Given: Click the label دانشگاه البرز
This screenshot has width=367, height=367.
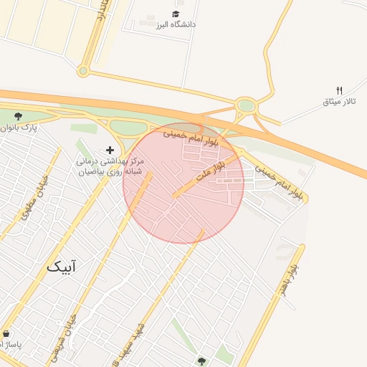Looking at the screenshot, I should point(172,24).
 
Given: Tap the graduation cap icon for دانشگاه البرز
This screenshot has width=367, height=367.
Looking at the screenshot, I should point(176,14).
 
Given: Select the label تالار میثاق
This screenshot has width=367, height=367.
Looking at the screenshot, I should point(339,101).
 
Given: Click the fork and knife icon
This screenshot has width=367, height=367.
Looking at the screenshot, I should point(339,90).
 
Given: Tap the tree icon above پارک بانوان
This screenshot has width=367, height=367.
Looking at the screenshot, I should point(18,116).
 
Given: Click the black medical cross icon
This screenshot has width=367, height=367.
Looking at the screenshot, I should point(110,150).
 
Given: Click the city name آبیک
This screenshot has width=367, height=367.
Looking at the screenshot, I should point(62,267).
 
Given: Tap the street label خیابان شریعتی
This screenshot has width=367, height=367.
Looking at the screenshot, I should point(62,338).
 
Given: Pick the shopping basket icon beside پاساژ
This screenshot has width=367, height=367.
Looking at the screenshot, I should point(6,334).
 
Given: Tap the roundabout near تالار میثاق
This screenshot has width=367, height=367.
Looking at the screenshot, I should point(246,106).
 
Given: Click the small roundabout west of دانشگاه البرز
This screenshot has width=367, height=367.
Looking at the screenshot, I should point(83,71).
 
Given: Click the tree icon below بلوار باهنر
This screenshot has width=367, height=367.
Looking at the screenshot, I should point(201,361).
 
